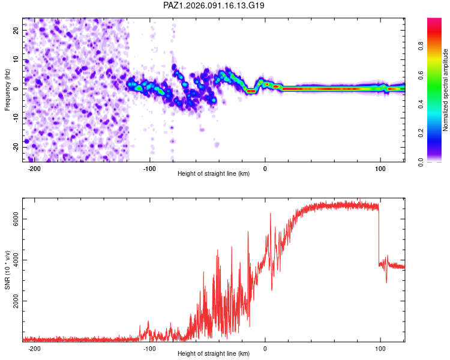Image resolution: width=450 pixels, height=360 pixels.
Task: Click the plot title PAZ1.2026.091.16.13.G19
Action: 214,5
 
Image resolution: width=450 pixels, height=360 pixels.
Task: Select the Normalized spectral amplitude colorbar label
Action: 446,90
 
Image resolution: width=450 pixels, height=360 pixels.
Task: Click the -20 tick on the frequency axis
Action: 16,147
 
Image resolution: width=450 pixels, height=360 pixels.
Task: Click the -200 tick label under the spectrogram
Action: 34,168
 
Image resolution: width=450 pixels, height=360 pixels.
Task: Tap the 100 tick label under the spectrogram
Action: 380,168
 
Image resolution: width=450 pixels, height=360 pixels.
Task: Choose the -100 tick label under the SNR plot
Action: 149,348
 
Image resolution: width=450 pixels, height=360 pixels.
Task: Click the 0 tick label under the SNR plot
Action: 265,348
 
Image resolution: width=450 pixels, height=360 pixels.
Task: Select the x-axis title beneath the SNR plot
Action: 214,354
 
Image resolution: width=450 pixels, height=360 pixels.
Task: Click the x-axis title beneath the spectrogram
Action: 214,174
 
